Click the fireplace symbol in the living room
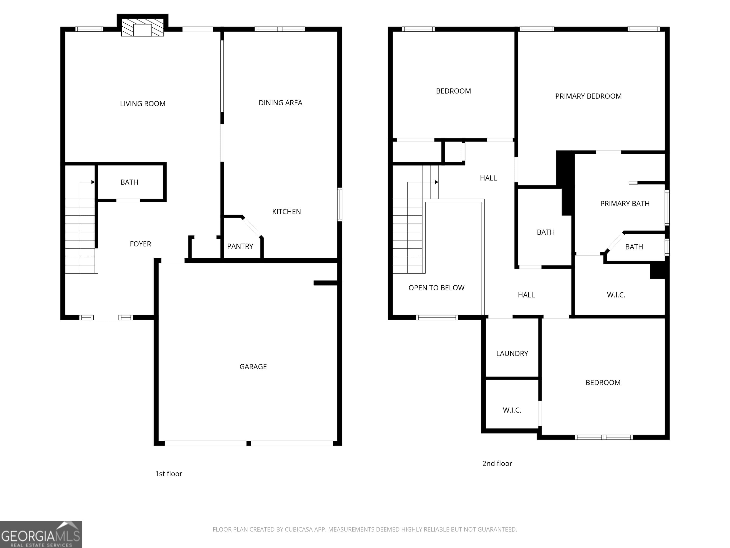point(143,27)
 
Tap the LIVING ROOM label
point(143,104)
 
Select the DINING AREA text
point(280,103)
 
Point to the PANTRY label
point(240,246)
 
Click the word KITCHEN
point(286,211)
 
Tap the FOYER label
point(140,244)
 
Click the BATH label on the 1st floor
point(129,182)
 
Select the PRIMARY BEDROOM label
point(588,96)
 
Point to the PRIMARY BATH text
point(625,203)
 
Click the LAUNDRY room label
point(512,353)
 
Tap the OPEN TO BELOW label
point(436,288)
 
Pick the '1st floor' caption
point(169,474)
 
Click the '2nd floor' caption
point(497,463)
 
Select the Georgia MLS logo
point(41,534)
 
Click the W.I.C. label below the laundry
point(512,410)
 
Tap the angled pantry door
point(252,227)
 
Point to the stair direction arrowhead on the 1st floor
point(93,182)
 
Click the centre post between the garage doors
point(249,443)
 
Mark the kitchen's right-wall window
point(340,204)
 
